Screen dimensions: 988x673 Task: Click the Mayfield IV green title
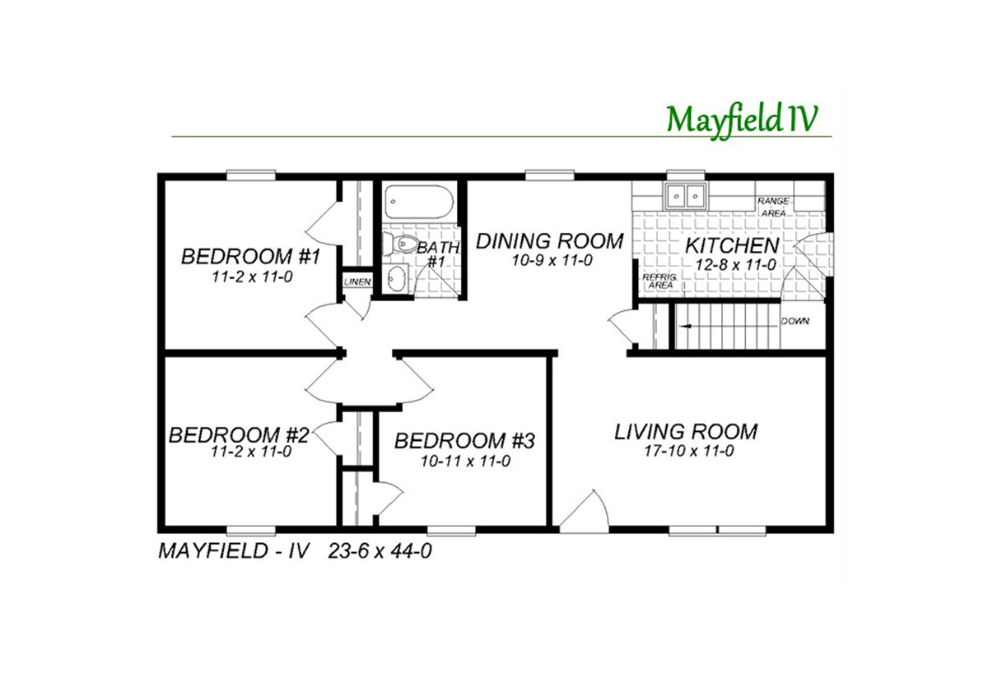pyautogui.click(x=743, y=120)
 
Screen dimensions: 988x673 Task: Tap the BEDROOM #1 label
pyautogui.click(x=250, y=256)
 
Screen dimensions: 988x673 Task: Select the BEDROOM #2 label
pyautogui.click(x=239, y=435)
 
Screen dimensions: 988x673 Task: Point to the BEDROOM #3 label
pyautogui.click(x=464, y=441)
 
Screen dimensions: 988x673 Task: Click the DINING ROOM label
pyautogui.click(x=550, y=241)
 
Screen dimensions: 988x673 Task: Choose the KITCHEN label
pyautogui.click(x=732, y=245)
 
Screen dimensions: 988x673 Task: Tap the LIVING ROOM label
pyautogui.click(x=687, y=431)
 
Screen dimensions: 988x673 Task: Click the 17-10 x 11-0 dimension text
pyautogui.click(x=689, y=452)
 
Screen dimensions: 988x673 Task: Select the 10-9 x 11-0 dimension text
pyautogui.click(x=552, y=261)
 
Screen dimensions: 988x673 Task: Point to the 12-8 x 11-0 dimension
pyautogui.click(x=736, y=265)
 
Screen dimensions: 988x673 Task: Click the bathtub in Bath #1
pyautogui.click(x=418, y=202)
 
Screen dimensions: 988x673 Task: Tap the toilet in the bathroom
pyautogui.click(x=400, y=244)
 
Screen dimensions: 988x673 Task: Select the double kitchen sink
pyautogui.click(x=685, y=195)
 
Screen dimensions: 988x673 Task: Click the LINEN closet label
pyautogui.click(x=357, y=281)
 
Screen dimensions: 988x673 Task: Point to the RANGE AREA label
pyautogui.click(x=773, y=207)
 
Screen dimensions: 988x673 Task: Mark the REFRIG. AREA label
pyautogui.click(x=660, y=281)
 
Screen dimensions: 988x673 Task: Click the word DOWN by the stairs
pyautogui.click(x=795, y=322)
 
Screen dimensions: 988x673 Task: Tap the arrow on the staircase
pyautogui.click(x=728, y=327)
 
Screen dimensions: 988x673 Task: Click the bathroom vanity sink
pyautogui.click(x=395, y=278)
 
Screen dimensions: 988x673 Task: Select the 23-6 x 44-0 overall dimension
pyautogui.click(x=380, y=551)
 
